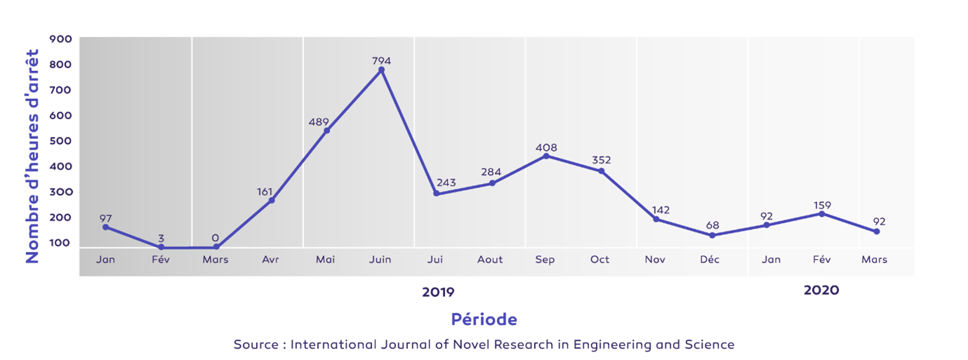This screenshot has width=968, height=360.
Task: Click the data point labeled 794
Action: point(381,70)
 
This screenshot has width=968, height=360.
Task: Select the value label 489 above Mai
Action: point(319,122)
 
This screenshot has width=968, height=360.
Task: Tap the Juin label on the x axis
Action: point(380,260)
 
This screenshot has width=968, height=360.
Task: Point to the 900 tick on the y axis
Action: point(60,39)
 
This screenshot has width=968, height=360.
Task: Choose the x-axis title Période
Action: point(484,319)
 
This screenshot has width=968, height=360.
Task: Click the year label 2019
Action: point(438,291)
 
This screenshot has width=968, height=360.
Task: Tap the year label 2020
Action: point(821,290)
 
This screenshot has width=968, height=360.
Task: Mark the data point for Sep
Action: point(546,156)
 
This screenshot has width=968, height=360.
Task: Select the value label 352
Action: point(601,160)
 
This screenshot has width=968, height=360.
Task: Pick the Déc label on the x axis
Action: point(710,260)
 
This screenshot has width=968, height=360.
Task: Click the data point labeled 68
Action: point(712,235)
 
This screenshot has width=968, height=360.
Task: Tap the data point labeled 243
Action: point(436,194)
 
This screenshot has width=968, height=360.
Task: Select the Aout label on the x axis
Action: point(490,260)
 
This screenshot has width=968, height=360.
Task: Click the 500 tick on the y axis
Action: point(60,141)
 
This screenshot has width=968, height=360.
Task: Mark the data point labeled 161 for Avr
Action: point(272,201)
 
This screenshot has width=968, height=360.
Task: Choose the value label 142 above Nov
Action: point(660,210)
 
